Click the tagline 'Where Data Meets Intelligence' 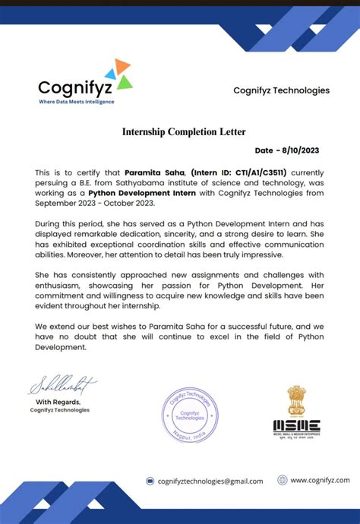pyautogui.click(x=76, y=101)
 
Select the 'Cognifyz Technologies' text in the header pyautogui.click(x=281, y=90)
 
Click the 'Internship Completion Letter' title pyautogui.click(x=184, y=132)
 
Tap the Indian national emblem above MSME pyautogui.click(x=296, y=399)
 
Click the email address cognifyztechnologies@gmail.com pyautogui.click(x=210, y=481)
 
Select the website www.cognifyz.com pyautogui.click(x=320, y=480)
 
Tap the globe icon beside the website pyautogui.click(x=283, y=480)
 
